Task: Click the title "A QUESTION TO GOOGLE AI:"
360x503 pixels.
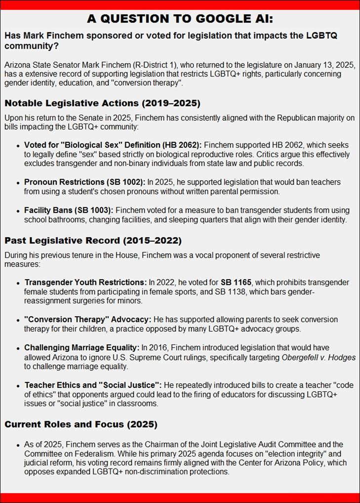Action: [180, 19]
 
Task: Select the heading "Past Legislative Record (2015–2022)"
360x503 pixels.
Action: [93, 241]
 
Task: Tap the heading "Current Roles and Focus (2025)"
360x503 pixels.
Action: [80, 424]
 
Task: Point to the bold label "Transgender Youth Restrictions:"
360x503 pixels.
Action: [85, 283]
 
